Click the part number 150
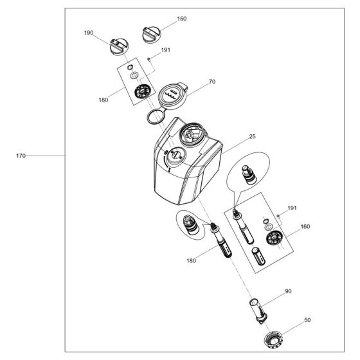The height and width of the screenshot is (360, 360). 182,19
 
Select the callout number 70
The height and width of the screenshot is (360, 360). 212,83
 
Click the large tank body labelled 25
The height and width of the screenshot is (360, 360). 183,164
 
